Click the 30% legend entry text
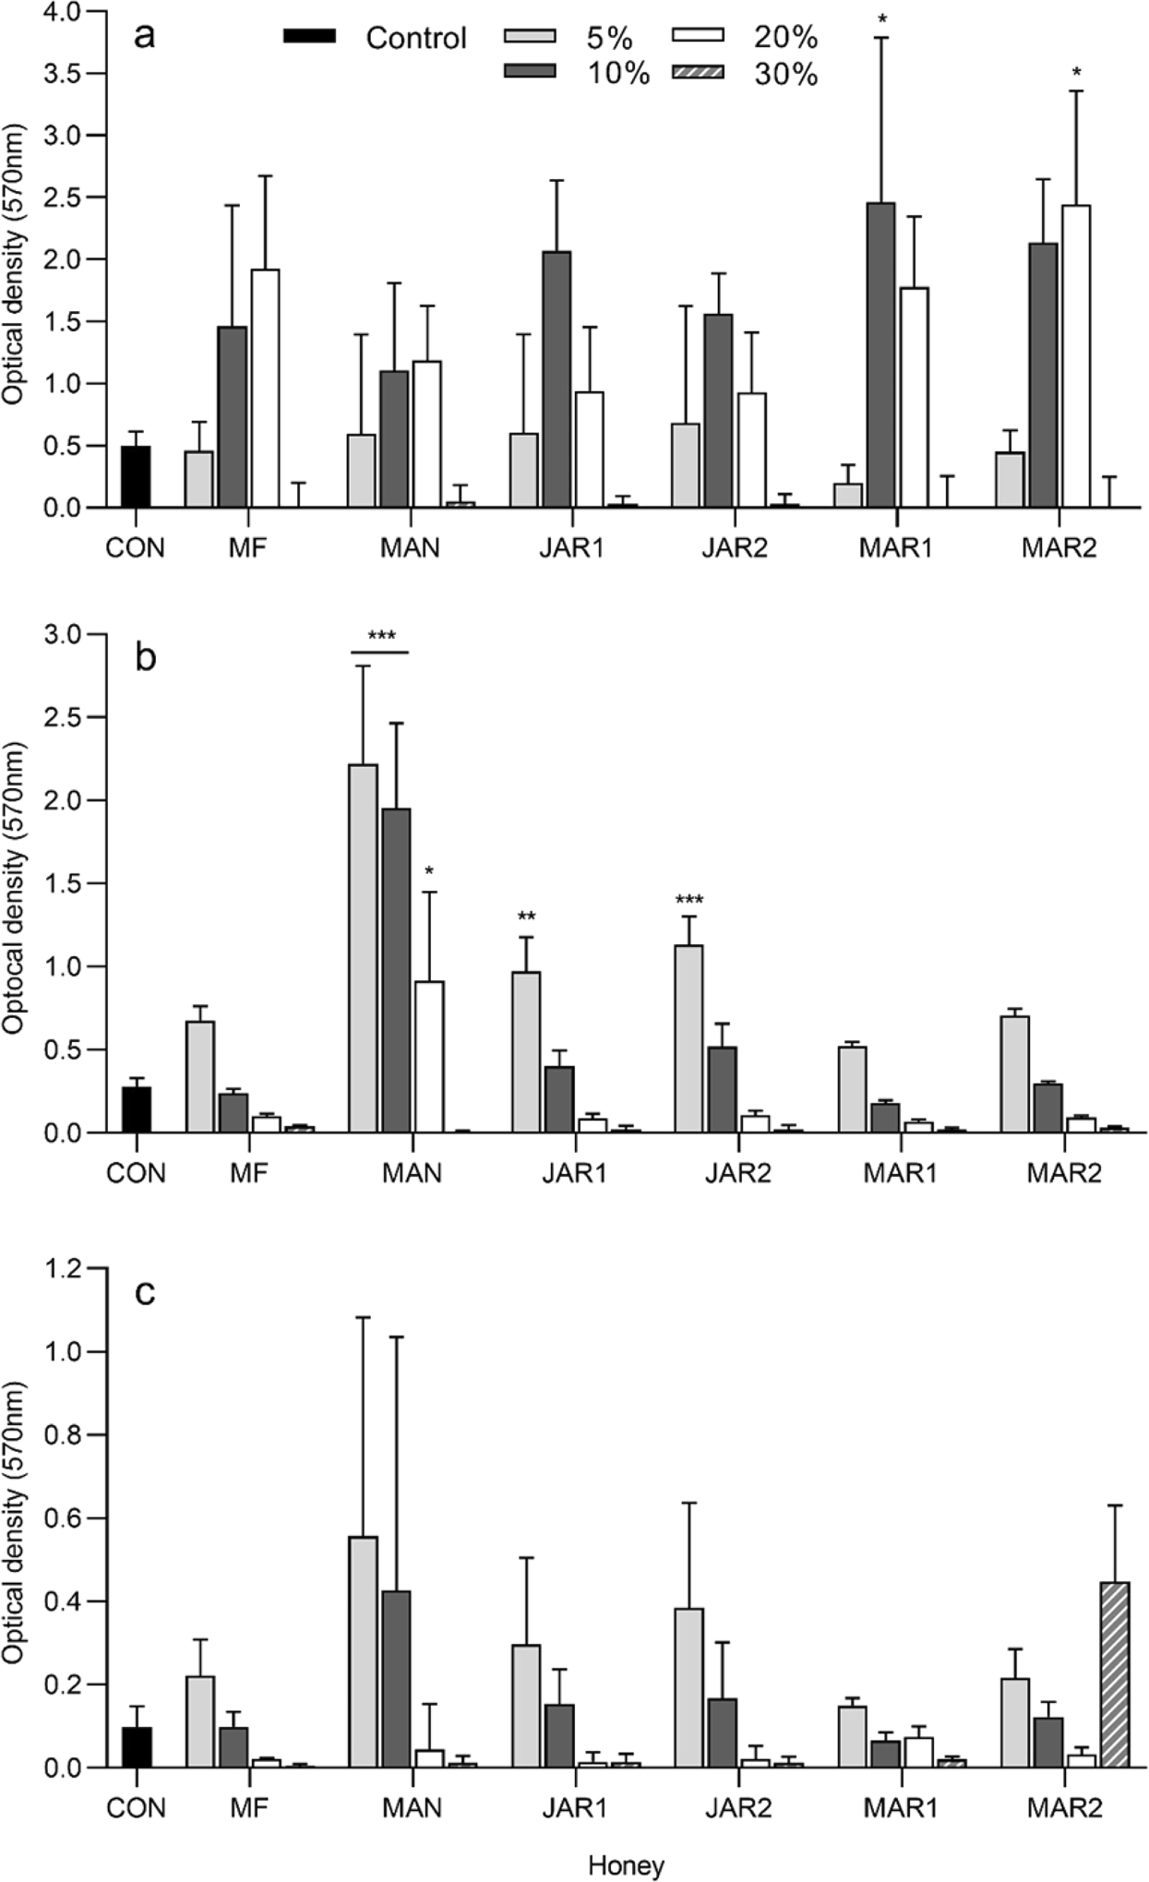(x=785, y=75)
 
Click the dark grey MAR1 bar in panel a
(x=880, y=355)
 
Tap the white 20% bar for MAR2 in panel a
(x=1076, y=356)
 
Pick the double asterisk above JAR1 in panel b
(x=526, y=917)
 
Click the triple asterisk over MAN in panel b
(x=380, y=636)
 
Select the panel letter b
(x=145, y=659)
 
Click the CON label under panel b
(x=136, y=1173)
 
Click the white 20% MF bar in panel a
(x=265, y=389)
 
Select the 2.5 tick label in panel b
(x=61, y=717)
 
